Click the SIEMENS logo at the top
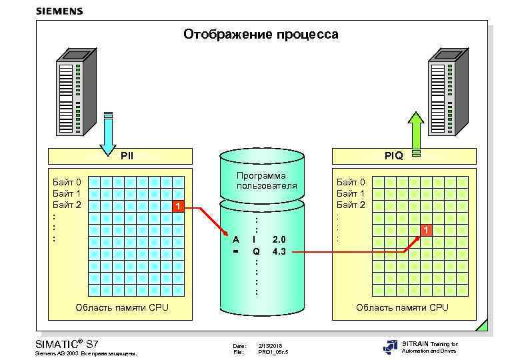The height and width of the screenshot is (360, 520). (59, 11)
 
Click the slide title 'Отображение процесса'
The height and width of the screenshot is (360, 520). (261, 34)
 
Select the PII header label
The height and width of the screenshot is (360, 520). (127, 156)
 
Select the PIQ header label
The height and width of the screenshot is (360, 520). (394, 156)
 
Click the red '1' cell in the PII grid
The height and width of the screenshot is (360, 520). (177, 205)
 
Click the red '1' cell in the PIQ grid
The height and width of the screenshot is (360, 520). (427, 230)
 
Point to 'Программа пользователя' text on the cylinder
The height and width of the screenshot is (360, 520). (261, 181)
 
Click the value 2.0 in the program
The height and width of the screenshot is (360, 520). (279, 239)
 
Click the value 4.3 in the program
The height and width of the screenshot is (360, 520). (279, 251)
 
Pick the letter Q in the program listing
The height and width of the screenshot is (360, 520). (255, 251)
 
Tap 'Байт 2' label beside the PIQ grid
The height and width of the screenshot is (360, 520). (351, 204)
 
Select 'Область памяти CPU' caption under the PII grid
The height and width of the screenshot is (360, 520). (122, 307)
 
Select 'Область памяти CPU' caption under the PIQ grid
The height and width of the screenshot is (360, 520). (402, 307)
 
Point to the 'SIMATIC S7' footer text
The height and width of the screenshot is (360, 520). (66, 343)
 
